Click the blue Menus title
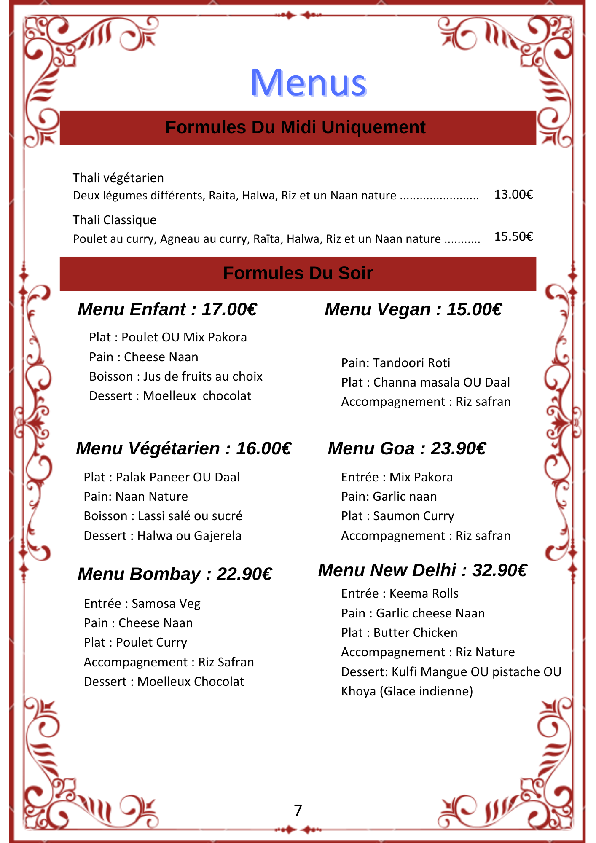[308, 83]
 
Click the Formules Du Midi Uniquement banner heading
[295, 127]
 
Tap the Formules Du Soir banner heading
[298, 273]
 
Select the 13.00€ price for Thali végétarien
[513, 194]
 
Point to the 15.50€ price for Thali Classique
[513, 236]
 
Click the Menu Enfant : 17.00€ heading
[167, 309]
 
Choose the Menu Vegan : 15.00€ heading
[413, 309]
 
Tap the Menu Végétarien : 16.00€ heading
[183, 448]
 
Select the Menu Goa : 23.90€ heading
[407, 448]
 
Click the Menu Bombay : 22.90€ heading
[175, 574]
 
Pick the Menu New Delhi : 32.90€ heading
[422, 570]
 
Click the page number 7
[298, 810]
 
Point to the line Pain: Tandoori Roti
[395, 363]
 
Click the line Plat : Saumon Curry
[397, 516]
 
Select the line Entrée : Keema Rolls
[400, 593]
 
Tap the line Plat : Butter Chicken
[399, 633]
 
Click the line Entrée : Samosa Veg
[142, 604]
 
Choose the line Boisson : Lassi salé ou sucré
[163, 516]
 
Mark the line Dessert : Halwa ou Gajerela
[163, 536]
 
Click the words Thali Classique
[115, 220]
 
